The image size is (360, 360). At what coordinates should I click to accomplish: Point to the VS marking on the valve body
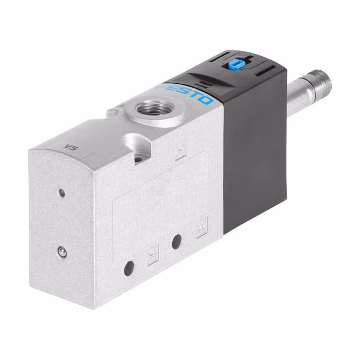pyautogui.click(x=71, y=148)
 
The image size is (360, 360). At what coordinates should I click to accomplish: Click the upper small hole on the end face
pyautogui.click(x=61, y=193)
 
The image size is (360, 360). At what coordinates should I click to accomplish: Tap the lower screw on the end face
pyautogui.click(x=62, y=253)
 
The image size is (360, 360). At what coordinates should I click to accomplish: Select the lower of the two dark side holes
pyautogui.click(x=129, y=268)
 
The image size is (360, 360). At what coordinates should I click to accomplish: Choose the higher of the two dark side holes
pyautogui.click(x=177, y=242)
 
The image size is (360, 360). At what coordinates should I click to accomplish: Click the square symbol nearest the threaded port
pyautogui.click(x=181, y=151)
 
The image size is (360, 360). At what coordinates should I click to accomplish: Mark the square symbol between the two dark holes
pyautogui.click(x=153, y=256)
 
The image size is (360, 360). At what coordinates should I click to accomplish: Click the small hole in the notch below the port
pyautogui.click(x=138, y=159)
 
